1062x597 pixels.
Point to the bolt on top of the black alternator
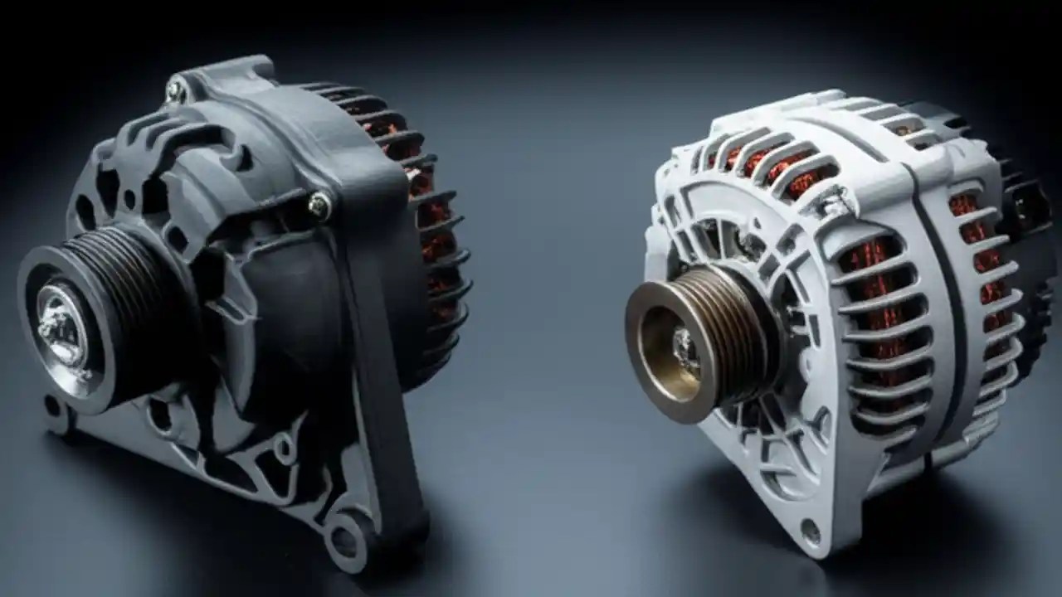pyautogui.click(x=177, y=88)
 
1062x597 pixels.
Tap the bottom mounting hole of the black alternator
pyautogui.click(x=345, y=539)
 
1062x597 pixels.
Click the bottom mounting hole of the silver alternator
pyautogui.click(x=810, y=529)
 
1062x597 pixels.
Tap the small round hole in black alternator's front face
pyautogui.click(x=129, y=199)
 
